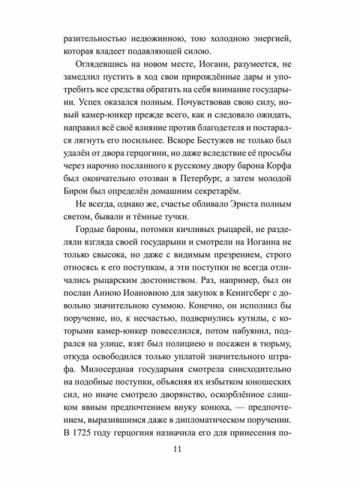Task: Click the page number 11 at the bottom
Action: pyautogui.click(x=178, y=451)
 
